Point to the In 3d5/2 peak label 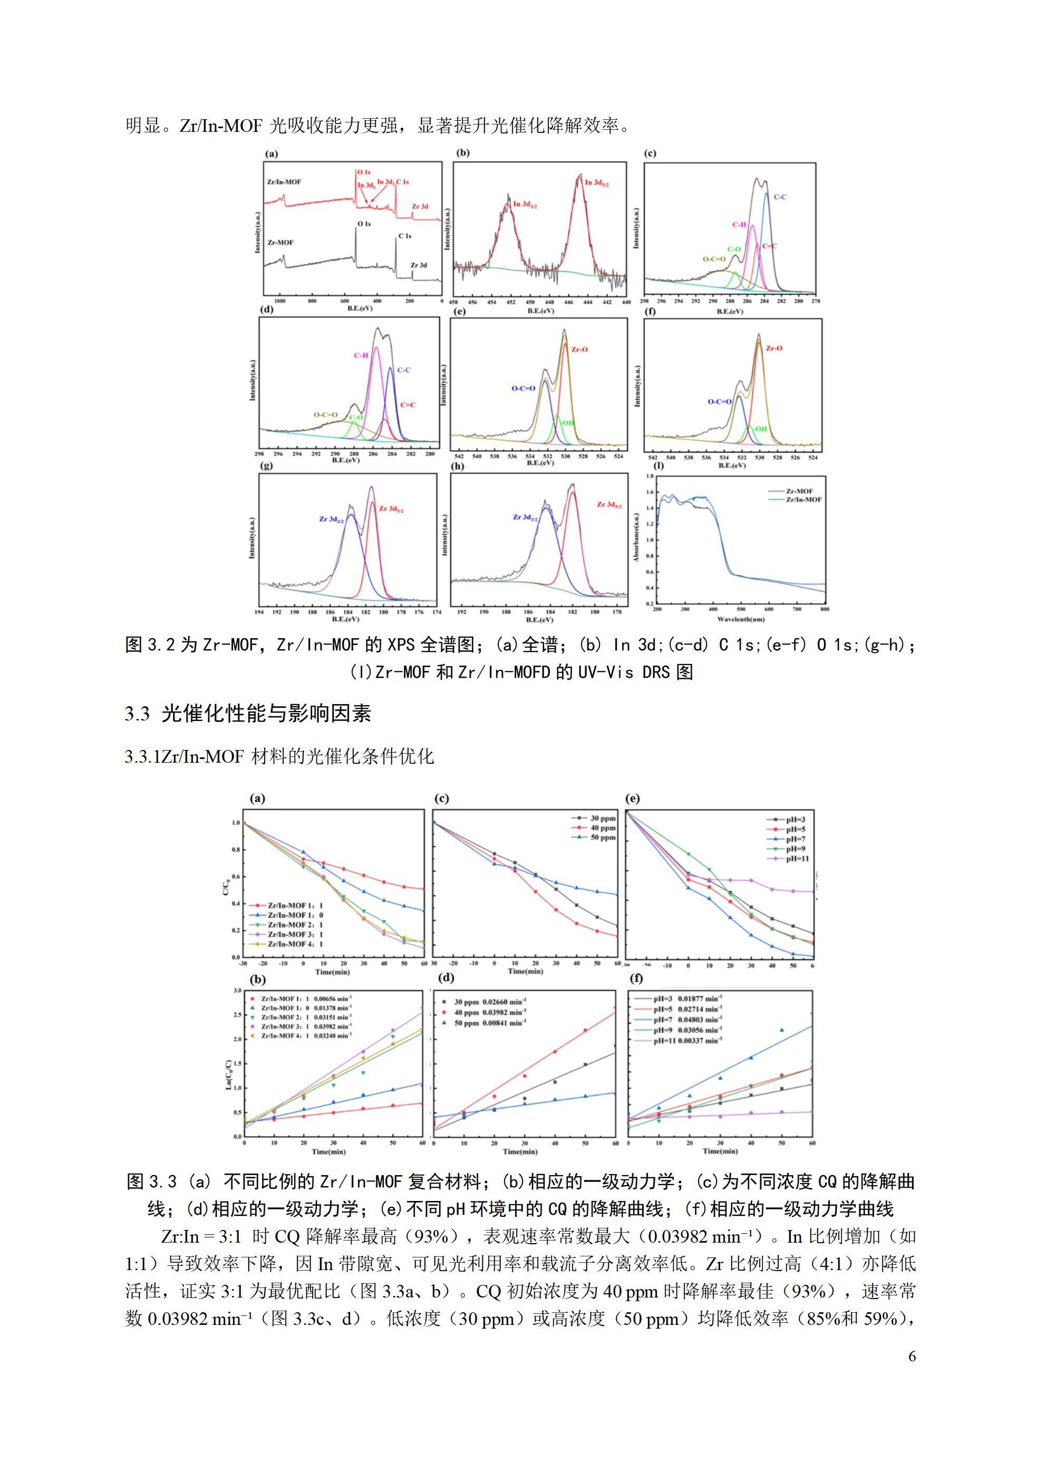[596, 183]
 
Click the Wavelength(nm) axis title [741, 619]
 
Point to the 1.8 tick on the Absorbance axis [650, 476]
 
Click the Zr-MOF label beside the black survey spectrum [280, 243]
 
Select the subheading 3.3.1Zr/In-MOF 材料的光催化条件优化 [279, 756]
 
